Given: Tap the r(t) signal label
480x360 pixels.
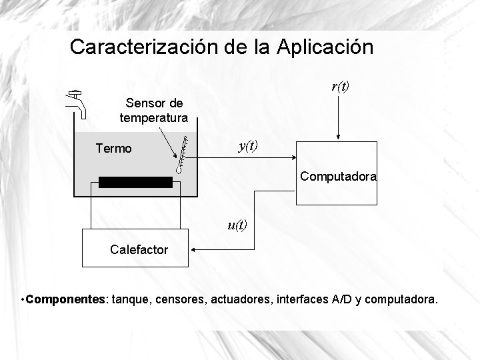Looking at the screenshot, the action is point(341,86).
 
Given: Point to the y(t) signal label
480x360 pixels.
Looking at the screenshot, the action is point(248,145).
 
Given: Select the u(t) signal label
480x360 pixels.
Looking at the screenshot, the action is point(237,225).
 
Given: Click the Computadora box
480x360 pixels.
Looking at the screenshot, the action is point(337,173).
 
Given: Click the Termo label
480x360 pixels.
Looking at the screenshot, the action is point(113,149).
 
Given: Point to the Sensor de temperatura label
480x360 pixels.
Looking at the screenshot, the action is point(153,111).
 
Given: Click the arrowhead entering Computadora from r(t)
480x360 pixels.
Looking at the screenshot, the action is point(339,139).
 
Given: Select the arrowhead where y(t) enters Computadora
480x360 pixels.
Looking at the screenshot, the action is point(293,158).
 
